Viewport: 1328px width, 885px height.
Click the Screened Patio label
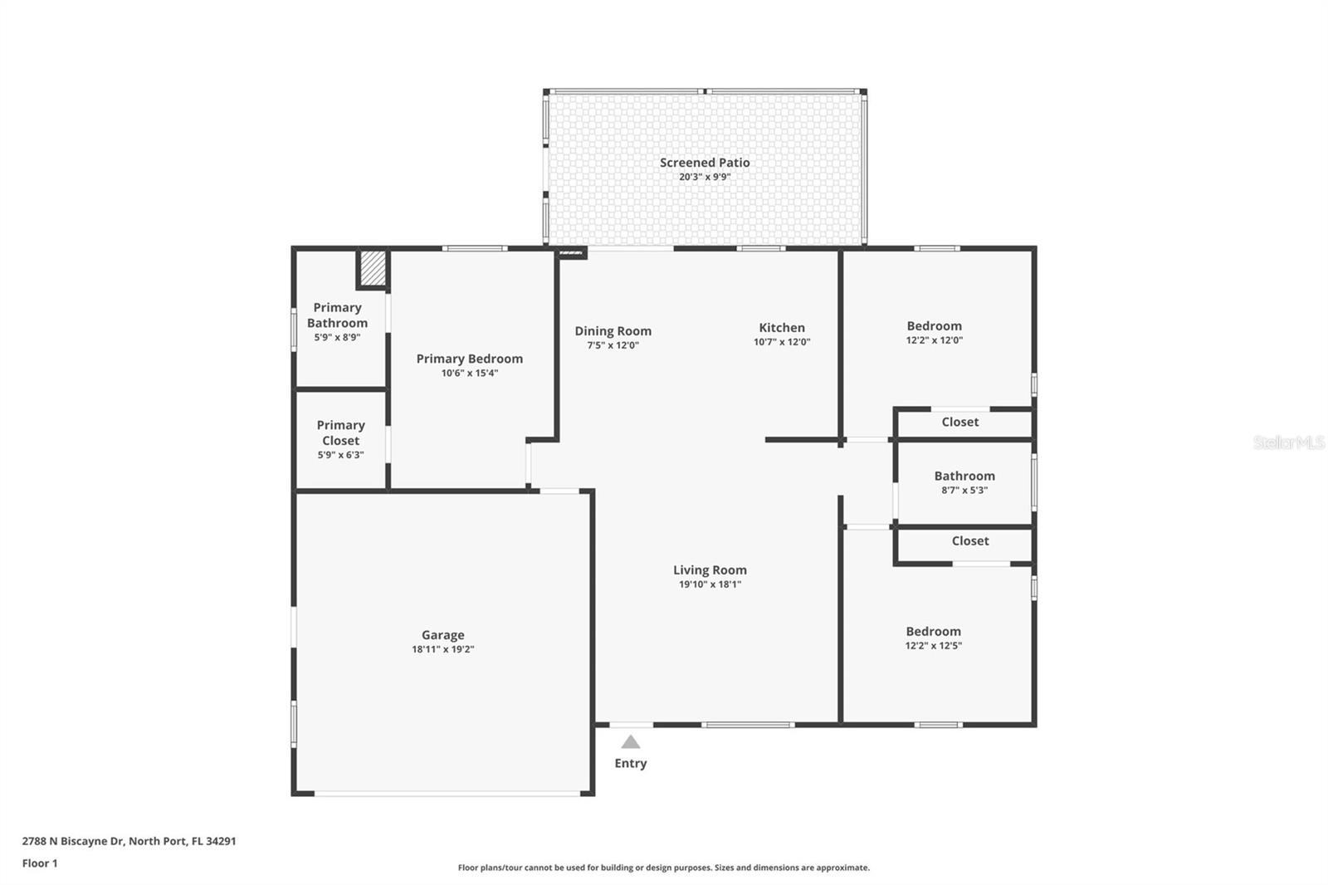click(705, 163)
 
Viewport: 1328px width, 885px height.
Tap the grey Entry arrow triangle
click(631, 742)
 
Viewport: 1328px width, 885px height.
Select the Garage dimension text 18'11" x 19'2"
click(442, 649)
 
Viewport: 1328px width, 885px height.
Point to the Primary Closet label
click(340, 433)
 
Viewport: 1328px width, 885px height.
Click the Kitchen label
click(782, 327)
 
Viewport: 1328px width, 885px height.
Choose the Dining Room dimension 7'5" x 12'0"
click(613, 345)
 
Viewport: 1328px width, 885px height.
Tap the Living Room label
click(710, 570)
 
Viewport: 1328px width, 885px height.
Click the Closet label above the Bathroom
click(960, 422)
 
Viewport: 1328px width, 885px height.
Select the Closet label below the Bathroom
click(970, 540)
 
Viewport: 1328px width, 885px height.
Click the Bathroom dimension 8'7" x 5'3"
click(964, 490)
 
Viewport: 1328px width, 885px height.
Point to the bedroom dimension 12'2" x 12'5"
click(933, 645)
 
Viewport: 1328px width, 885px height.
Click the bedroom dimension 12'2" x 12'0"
click(934, 340)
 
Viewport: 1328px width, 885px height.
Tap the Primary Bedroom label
click(469, 359)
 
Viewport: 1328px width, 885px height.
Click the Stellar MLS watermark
click(1288, 442)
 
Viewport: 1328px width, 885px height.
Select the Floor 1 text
click(40, 863)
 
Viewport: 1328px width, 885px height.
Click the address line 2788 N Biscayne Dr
click(129, 841)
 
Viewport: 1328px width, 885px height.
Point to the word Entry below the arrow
click(631, 763)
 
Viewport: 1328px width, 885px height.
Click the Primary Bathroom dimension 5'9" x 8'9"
click(337, 337)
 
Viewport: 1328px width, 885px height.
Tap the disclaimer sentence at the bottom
click(663, 868)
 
